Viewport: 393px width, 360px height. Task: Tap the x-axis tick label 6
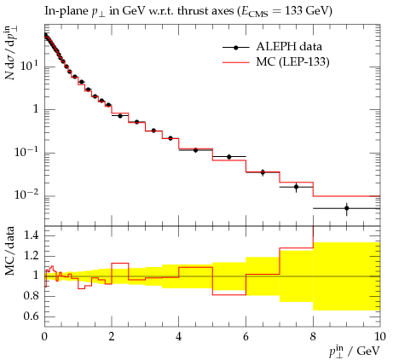[x=246, y=337]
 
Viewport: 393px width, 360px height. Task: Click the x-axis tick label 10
[x=379, y=337]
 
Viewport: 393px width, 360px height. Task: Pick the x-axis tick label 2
[x=112, y=337]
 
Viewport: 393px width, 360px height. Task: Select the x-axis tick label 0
[x=44, y=337]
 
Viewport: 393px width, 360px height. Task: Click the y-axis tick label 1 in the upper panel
[x=36, y=109]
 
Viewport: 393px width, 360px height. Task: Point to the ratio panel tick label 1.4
[x=31, y=235]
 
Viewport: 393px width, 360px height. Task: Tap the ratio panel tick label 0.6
[x=31, y=316]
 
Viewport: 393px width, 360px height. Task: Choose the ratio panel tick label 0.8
[x=31, y=296]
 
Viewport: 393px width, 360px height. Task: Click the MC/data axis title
[x=10, y=251]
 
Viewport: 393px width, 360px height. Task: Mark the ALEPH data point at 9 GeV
[x=346, y=208]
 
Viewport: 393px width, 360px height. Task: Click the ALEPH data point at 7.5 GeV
[x=296, y=187]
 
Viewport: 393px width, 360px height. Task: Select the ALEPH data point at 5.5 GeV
[x=229, y=157]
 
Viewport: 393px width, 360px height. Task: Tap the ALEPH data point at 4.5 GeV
[x=195, y=150]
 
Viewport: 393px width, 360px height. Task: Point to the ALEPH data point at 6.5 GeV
[x=263, y=172]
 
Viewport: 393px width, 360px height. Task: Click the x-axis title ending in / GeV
[x=355, y=351]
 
